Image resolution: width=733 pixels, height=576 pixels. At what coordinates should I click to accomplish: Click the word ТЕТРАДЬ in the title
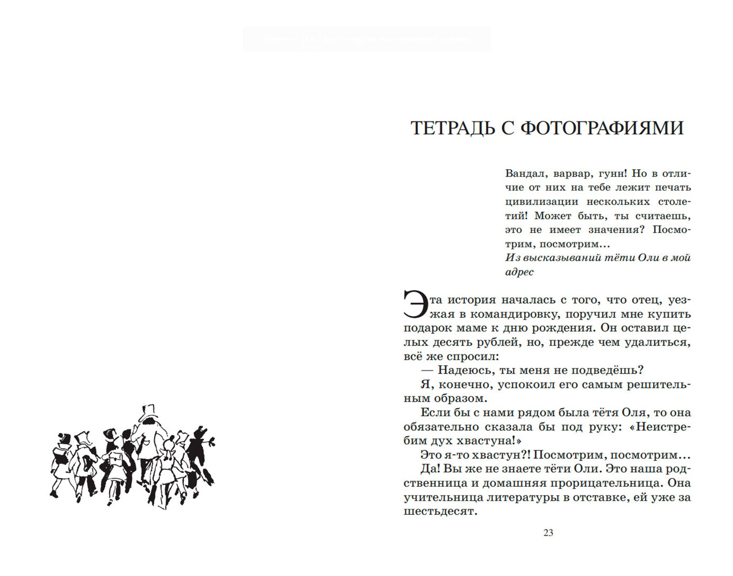[452, 128]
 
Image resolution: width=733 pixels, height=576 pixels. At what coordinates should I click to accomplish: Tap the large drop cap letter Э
[416, 305]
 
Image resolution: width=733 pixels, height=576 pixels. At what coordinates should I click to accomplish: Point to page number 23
[548, 532]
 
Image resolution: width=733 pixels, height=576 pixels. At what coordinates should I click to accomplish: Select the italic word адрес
[519, 272]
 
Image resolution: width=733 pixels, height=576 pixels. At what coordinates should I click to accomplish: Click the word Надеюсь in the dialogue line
[466, 371]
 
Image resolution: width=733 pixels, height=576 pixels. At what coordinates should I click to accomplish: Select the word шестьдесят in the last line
[439, 511]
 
